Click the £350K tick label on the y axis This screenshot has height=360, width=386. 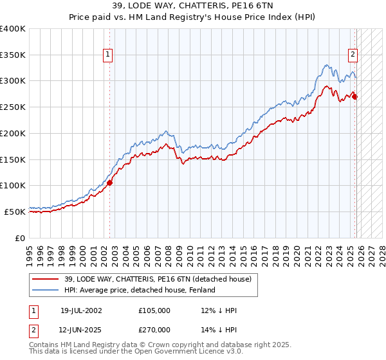(13, 55)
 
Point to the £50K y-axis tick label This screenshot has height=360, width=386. (15, 212)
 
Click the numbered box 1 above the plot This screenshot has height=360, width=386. (107, 55)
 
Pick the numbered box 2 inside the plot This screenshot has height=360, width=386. (353, 55)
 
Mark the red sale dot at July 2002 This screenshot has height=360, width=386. (109, 183)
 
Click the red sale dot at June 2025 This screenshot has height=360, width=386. (355, 97)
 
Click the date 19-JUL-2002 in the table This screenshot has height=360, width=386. (81, 310)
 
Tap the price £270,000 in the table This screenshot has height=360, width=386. (154, 330)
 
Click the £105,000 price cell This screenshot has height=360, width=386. (154, 310)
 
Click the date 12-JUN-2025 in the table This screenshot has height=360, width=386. (81, 330)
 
